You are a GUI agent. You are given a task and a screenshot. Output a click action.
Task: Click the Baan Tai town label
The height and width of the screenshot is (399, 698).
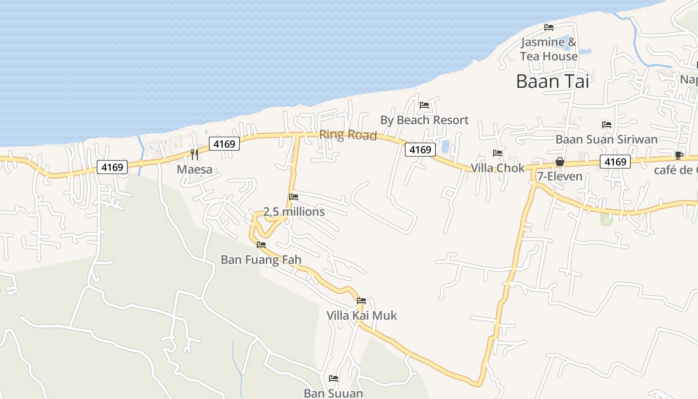[552, 81]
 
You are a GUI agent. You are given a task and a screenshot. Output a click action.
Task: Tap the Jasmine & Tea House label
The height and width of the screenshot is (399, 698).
[548, 49]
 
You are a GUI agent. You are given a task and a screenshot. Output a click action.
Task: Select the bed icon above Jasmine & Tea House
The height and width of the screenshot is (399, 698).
[549, 27]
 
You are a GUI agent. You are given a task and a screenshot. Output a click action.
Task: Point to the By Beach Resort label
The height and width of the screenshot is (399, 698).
[424, 120]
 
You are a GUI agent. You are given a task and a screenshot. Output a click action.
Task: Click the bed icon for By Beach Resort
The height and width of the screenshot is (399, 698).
[424, 105]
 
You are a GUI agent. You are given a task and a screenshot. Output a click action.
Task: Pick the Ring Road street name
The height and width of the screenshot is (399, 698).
[348, 135]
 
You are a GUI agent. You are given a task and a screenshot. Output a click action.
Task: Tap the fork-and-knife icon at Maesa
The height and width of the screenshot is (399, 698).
[194, 154]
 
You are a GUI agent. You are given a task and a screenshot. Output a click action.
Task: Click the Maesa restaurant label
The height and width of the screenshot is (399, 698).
[194, 170]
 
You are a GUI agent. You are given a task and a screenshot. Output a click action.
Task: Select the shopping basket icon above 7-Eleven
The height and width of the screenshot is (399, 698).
[559, 162]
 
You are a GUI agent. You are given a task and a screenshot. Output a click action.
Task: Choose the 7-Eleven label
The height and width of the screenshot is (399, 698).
[559, 177]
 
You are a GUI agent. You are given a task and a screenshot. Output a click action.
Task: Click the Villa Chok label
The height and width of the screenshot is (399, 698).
[498, 168]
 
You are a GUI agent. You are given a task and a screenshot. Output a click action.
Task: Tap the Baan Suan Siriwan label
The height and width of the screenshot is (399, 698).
[606, 140]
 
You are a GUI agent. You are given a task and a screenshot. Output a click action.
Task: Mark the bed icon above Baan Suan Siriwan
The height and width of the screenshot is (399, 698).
[606, 124]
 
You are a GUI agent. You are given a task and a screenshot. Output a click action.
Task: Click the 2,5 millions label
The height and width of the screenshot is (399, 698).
[294, 212]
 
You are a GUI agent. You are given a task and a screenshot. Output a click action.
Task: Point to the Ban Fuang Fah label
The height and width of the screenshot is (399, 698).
[261, 260]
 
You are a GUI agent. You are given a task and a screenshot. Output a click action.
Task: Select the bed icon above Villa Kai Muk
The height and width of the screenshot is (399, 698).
[361, 300]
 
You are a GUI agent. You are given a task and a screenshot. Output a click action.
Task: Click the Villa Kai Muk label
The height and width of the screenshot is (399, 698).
[361, 316]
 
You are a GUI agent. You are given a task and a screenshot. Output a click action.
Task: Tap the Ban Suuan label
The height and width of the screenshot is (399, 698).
[334, 394]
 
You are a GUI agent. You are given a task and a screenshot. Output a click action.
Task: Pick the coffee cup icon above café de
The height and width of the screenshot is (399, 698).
[679, 155]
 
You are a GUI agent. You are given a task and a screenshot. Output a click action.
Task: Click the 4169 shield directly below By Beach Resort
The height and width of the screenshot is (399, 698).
[420, 150]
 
